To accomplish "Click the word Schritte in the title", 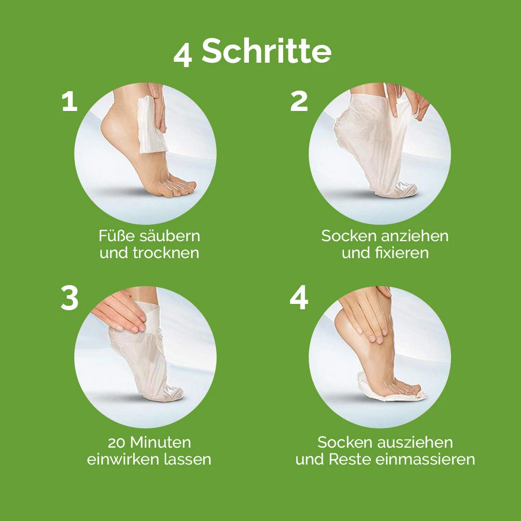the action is pos(266,51).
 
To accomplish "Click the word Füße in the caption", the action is pos(117,236).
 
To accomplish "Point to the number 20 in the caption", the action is pos(116,442).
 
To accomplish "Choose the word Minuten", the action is pos(161,442).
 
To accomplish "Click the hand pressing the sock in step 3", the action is pos(119,311).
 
